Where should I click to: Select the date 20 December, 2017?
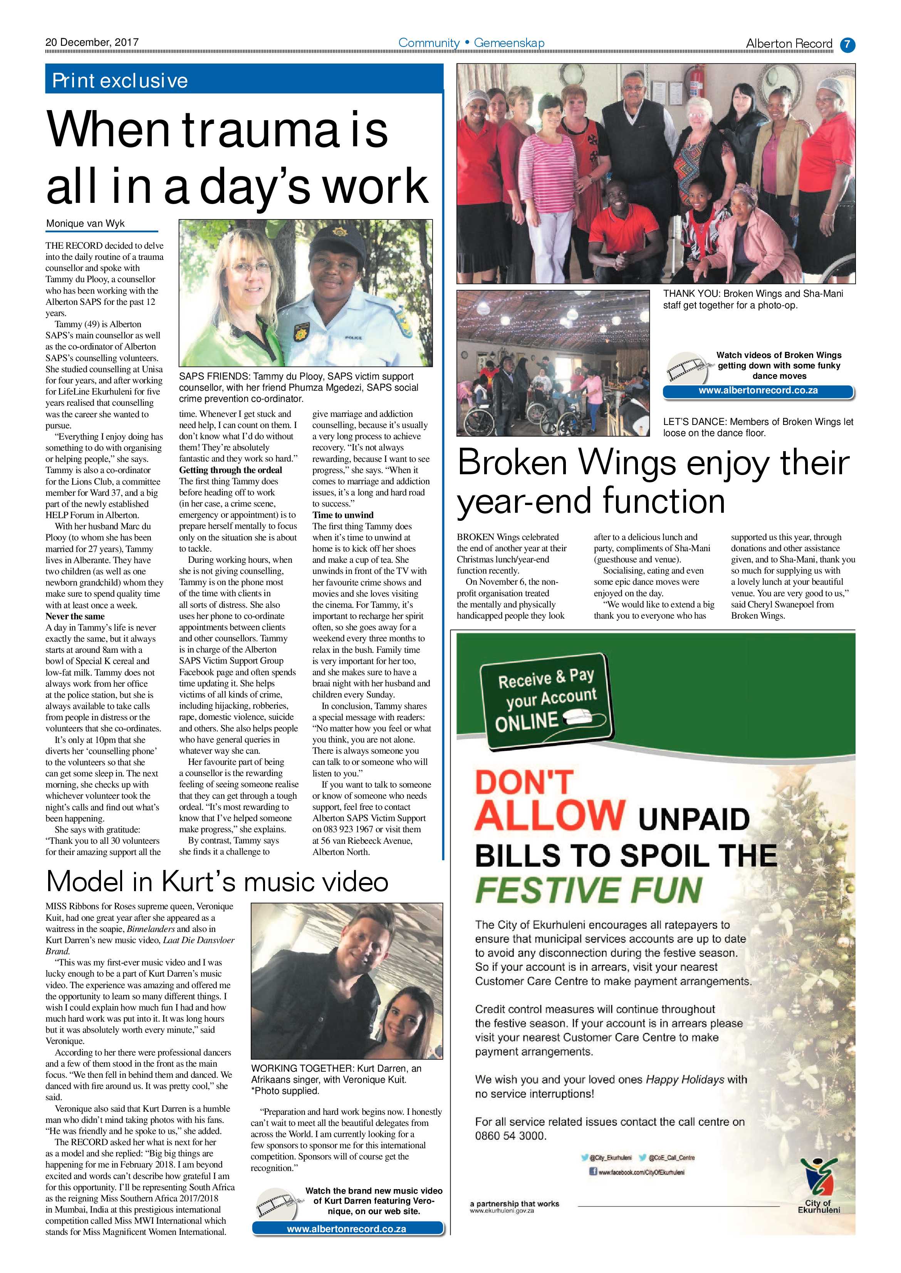coord(92,42)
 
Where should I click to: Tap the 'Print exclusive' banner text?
coord(120,81)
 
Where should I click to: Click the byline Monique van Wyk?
coord(86,223)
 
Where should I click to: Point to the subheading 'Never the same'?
coord(75,616)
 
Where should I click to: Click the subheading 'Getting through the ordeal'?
coord(230,470)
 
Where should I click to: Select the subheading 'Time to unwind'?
coord(343,515)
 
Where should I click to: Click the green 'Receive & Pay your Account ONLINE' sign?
coord(547,700)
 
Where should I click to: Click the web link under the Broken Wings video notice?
coord(758,390)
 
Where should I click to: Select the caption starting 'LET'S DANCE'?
coord(758,427)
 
